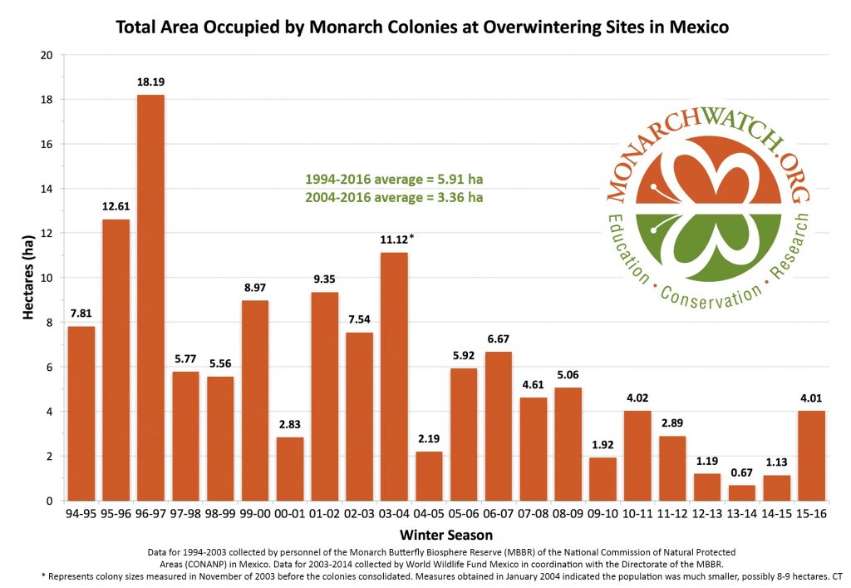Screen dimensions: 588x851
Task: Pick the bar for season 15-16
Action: (811, 455)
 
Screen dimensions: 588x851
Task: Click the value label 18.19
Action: (150, 83)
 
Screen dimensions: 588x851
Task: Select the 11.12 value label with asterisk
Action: (396, 240)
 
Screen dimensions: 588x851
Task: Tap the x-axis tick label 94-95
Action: (81, 515)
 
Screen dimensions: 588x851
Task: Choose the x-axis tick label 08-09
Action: (568, 515)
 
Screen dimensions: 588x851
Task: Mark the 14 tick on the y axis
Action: (47, 189)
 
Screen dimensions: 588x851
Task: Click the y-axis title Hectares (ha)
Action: (27, 278)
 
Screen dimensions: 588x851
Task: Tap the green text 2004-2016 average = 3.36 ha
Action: (393, 198)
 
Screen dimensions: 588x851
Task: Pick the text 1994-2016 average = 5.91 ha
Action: (393, 179)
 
